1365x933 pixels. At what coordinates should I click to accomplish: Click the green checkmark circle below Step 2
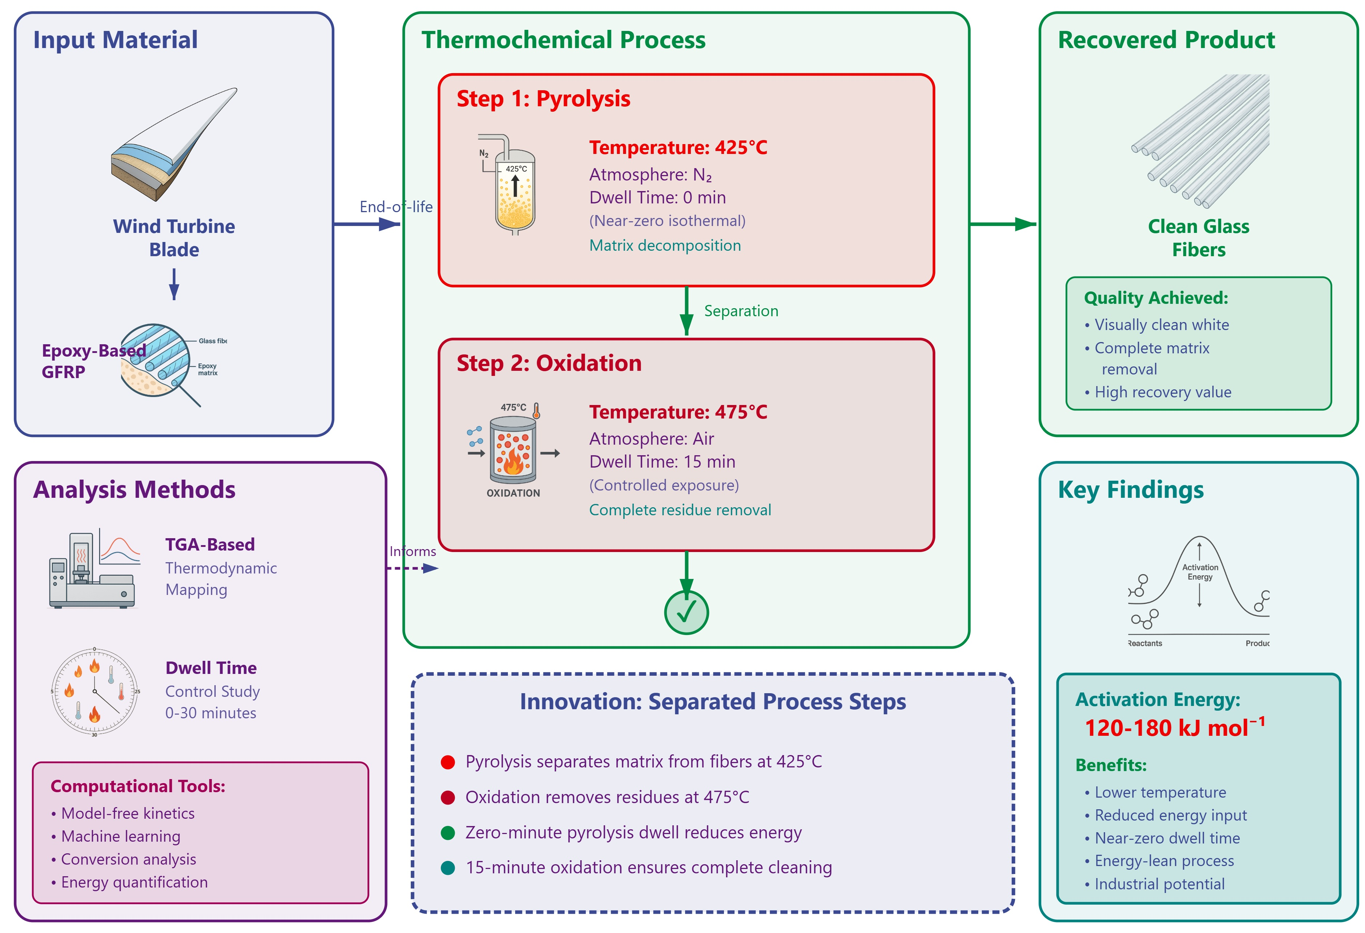click(x=686, y=612)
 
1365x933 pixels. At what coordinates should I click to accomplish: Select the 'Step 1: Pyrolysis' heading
click(x=543, y=99)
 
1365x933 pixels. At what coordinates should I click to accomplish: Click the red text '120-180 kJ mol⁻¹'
click(x=1175, y=727)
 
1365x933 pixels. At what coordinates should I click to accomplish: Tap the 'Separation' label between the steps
click(x=741, y=311)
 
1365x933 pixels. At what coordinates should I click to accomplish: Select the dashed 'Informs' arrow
click(x=412, y=568)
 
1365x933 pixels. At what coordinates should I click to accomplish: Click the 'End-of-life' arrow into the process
click(x=367, y=224)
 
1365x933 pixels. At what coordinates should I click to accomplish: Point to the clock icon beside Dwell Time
click(x=95, y=691)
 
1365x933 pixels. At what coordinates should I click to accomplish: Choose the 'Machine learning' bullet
click(x=116, y=836)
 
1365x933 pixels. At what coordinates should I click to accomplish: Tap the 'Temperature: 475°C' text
click(x=678, y=412)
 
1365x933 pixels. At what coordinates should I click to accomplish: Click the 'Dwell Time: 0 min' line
click(x=658, y=198)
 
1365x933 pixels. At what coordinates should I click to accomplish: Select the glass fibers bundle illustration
click(x=1200, y=141)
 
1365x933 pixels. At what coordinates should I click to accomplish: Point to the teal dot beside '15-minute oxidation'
click(x=448, y=868)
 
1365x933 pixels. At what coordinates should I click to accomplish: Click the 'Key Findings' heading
click(x=1131, y=489)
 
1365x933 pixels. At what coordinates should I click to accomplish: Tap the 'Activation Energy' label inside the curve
click(x=1200, y=572)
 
